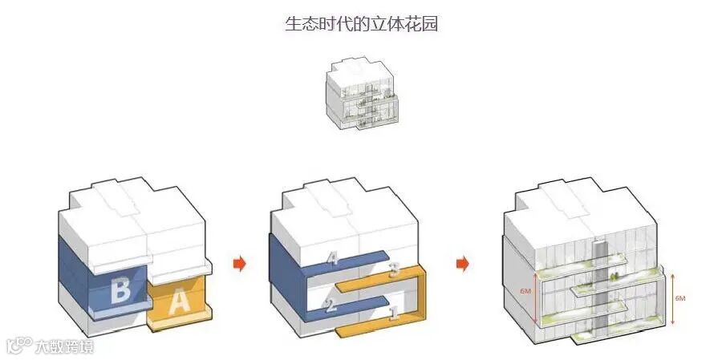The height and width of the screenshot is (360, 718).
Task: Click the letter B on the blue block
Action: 120,289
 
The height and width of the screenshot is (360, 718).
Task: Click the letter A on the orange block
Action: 180,301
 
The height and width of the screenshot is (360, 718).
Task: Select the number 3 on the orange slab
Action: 394,270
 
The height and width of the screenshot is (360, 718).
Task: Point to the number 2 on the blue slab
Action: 331,304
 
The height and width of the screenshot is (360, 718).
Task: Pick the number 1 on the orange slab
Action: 393,314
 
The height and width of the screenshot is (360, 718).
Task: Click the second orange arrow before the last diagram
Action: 463,264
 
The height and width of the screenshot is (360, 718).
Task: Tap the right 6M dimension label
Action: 680,297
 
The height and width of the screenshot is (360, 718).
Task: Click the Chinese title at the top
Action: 361,24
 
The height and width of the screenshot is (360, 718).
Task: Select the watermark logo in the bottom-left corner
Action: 18,346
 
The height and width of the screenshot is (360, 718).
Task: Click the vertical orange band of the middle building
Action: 420,301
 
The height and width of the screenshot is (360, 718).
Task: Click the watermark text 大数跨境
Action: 63,346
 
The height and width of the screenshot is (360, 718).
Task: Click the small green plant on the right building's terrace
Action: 614,276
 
